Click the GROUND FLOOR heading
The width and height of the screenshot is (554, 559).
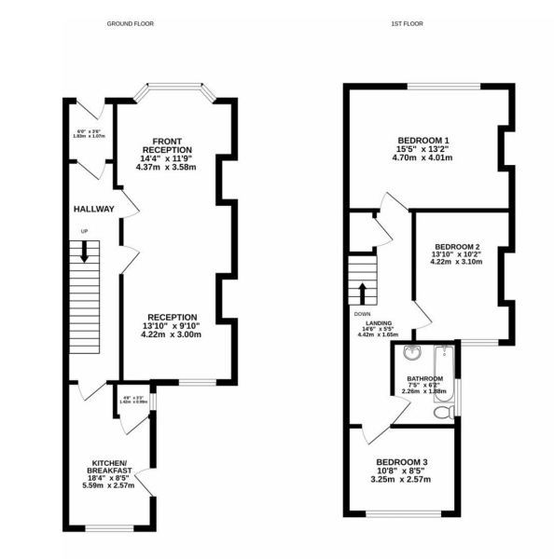130,23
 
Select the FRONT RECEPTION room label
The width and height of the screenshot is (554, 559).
167,145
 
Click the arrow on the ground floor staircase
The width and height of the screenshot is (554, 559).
84,251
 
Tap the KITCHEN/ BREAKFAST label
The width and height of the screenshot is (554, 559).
110,468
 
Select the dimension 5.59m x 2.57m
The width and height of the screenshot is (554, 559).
109,485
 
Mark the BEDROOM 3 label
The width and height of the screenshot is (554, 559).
402,462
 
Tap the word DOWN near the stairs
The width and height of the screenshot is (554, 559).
363,314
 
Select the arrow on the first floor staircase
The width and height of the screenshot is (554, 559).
362,292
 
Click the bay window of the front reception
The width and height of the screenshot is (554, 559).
174,91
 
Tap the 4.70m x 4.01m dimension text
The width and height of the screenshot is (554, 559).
422,158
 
